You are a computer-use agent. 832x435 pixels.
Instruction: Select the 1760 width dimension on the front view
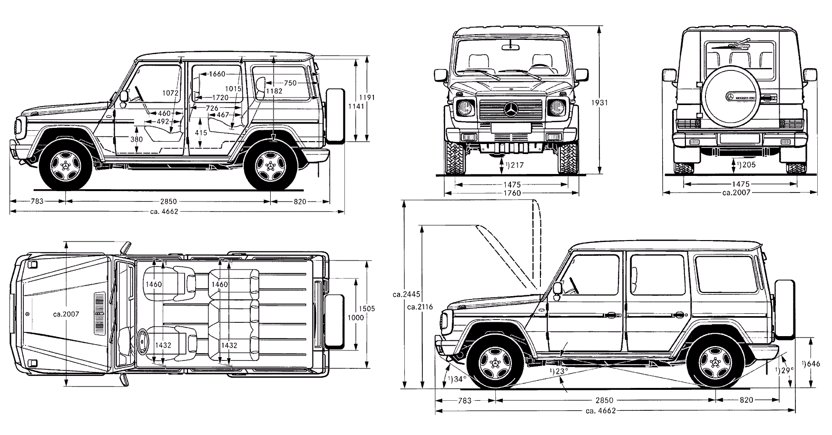(x=511, y=193)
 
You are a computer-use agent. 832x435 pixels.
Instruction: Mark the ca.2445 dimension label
(x=406, y=294)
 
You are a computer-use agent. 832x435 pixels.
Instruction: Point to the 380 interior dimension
(x=137, y=139)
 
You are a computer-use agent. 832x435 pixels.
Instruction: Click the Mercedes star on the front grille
(x=511, y=109)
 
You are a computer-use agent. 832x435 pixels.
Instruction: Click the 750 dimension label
(x=290, y=83)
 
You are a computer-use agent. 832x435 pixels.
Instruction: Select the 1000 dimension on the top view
(x=356, y=318)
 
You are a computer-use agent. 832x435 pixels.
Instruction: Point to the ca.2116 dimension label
(x=421, y=307)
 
